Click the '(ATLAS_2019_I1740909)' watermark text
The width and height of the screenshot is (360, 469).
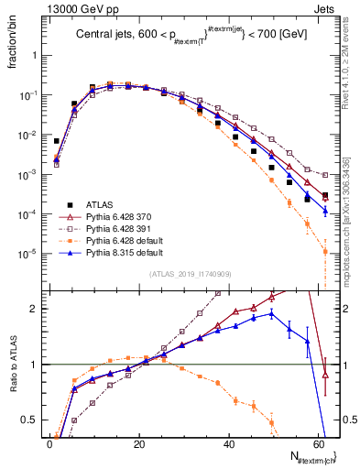[x=189, y=274]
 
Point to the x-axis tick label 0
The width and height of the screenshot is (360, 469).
[x=49, y=444]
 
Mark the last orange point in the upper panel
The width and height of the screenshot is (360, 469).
[x=325, y=251]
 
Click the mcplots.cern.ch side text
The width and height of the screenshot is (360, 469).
[x=348, y=220]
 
